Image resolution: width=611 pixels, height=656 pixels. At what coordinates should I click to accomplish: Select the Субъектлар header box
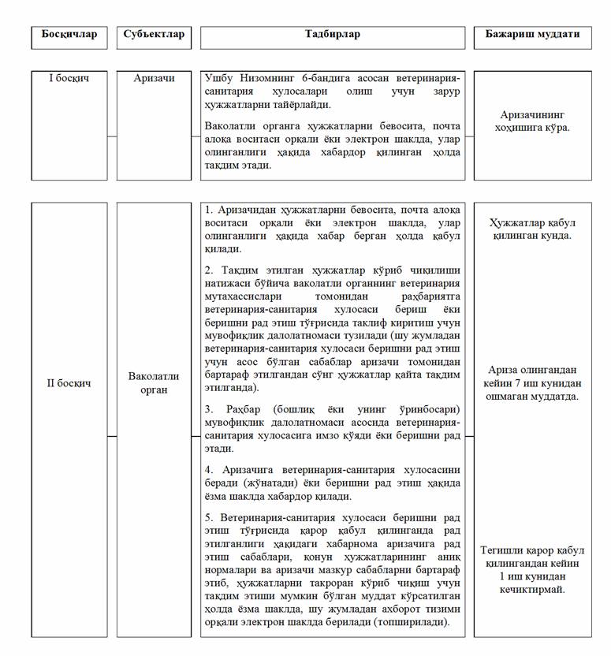tap(154, 35)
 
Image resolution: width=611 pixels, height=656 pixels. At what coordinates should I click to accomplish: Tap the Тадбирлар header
tap(332, 35)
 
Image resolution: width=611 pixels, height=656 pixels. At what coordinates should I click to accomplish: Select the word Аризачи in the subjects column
tap(154, 79)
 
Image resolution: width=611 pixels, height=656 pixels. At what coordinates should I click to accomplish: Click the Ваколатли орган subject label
tap(154, 384)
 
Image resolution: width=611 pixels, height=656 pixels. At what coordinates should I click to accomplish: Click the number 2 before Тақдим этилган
tap(208, 270)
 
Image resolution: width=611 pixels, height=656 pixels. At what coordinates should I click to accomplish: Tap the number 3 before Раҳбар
tap(208, 411)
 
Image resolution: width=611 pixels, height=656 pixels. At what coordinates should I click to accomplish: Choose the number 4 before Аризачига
tap(208, 470)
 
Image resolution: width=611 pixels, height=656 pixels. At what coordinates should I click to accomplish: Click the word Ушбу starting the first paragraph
tap(220, 78)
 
